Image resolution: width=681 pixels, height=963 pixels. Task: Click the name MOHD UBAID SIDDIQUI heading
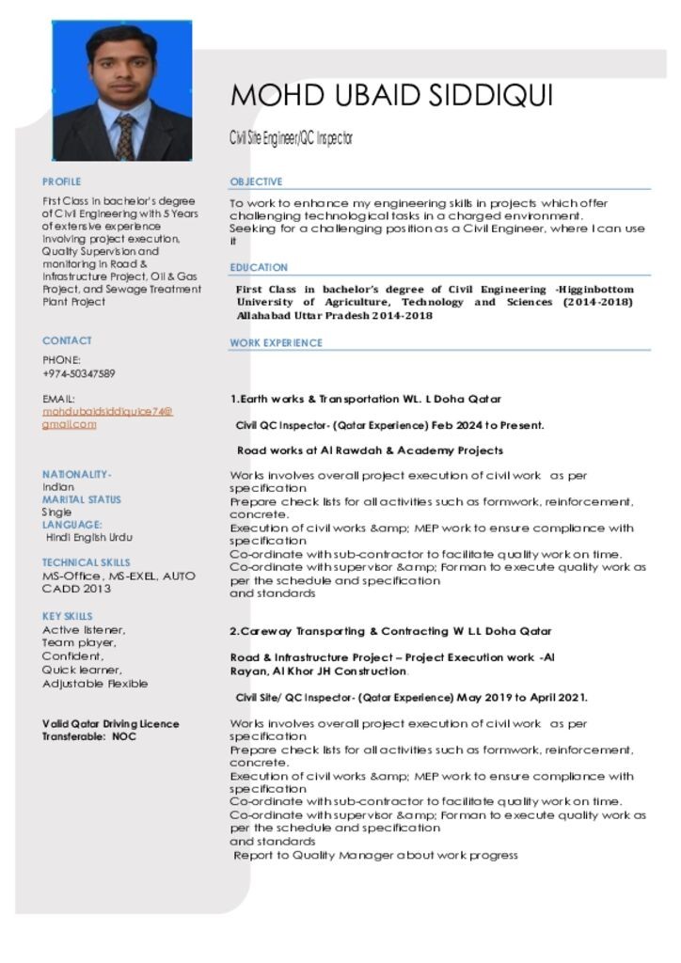(391, 96)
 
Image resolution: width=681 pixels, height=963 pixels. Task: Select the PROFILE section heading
(62, 182)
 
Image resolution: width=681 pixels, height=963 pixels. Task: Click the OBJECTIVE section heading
(256, 182)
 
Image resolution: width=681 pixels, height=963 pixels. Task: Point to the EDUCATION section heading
(259, 268)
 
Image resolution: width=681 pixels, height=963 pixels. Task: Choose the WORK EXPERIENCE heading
(276, 343)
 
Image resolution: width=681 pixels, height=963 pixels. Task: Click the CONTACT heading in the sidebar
(67, 340)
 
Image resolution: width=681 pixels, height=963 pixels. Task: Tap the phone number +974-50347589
(79, 373)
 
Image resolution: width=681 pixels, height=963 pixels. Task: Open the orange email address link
(107, 418)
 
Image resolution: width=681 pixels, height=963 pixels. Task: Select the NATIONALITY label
(77, 474)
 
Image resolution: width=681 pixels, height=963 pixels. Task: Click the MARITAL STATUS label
(82, 499)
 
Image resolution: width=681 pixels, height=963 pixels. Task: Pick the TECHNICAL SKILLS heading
(87, 562)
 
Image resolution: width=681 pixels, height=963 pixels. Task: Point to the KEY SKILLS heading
(68, 617)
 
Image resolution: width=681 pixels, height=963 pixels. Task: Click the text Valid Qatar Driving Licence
(111, 724)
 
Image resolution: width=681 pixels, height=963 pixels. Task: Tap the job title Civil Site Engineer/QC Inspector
(292, 139)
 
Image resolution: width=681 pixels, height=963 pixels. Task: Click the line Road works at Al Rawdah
(370, 450)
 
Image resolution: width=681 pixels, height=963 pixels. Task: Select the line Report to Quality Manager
(375, 855)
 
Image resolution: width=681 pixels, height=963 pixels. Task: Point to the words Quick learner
(82, 670)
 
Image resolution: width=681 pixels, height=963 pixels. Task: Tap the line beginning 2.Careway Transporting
(390, 630)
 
